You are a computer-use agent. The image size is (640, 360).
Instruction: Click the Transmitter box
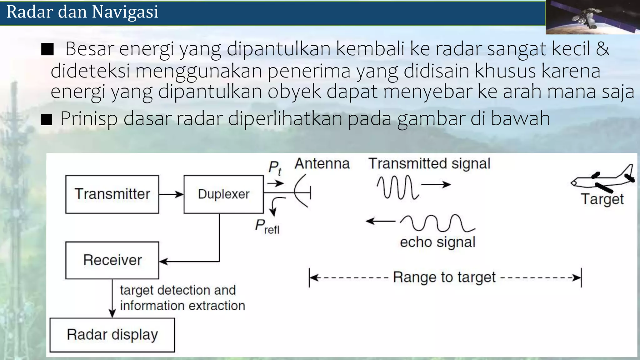point(112,194)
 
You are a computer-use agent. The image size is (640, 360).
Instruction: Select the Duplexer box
point(223,194)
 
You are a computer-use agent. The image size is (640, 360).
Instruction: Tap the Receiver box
point(112,260)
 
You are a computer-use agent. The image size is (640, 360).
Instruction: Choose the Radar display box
point(112,335)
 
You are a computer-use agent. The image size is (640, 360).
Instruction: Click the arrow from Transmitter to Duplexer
point(171,194)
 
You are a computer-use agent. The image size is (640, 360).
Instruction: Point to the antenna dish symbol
point(302,191)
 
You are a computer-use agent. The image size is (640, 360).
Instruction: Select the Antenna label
point(322,164)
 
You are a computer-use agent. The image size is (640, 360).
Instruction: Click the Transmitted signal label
point(429,164)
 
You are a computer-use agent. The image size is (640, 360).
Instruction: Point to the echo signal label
point(437,242)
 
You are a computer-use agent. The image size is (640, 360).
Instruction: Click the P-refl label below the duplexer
point(267,227)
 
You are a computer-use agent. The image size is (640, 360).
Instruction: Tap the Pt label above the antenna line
point(275,168)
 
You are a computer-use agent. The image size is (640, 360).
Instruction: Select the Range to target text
point(444,277)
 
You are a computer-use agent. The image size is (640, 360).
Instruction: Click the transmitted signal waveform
point(397,187)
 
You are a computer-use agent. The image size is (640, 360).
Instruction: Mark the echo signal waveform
point(437,223)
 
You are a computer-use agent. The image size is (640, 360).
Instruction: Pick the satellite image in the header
point(592,17)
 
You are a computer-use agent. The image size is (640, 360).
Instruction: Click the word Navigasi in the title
point(125,12)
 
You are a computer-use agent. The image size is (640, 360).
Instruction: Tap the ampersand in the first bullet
point(602,49)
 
